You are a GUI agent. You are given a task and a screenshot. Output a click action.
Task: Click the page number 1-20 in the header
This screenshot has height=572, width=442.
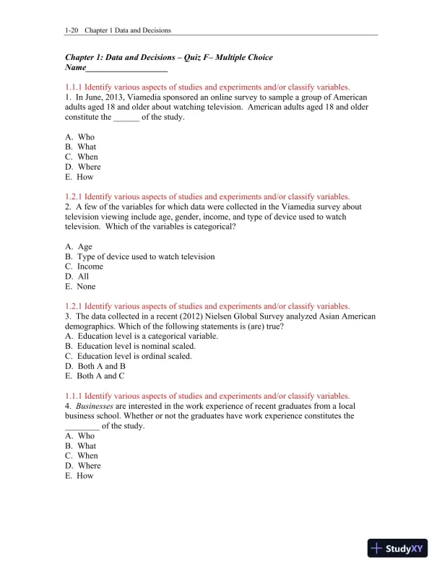pos(71,30)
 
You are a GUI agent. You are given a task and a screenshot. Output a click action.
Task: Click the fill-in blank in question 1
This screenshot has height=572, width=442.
pos(126,117)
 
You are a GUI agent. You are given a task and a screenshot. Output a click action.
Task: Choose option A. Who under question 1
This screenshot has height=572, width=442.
pos(80,137)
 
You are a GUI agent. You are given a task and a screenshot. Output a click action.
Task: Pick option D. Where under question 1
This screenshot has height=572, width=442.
pos(83,167)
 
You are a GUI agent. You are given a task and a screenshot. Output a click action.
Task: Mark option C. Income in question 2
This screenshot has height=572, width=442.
pos(84,266)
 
